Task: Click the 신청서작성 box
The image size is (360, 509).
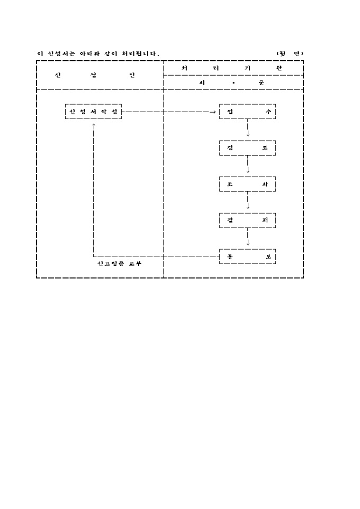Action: [x=94, y=112]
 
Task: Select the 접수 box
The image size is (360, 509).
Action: [x=248, y=112]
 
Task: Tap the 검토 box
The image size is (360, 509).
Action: [x=248, y=148]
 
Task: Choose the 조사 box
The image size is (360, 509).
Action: [x=248, y=184]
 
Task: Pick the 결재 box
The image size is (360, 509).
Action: [x=248, y=220]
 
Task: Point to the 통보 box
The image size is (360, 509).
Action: [x=248, y=257]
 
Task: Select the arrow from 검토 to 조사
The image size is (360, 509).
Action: [x=248, y=166]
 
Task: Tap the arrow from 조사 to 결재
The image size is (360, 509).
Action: [x=248, y=202]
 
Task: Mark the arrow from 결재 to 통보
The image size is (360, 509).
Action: [x=248, y=238]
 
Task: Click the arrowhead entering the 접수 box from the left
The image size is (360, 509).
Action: [x=213, y=112]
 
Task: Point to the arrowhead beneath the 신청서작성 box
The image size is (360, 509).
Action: [x=93, y=125]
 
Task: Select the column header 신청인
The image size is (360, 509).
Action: [x=95, y=75]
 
